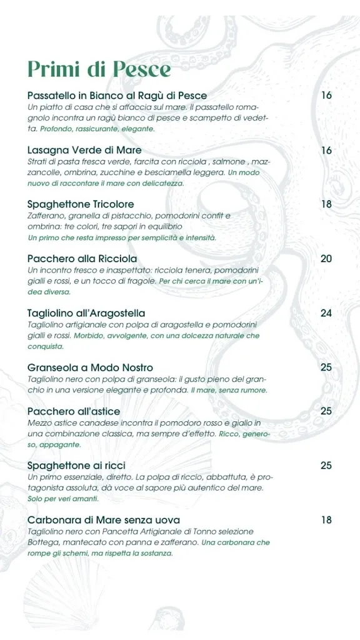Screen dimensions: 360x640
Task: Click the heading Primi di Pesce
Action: coord(99,69)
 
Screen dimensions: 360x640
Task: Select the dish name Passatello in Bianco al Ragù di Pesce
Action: coord(117,96)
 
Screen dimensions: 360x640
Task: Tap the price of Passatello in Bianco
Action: coord(326,96)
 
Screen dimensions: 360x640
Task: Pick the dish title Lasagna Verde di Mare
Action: coord(84,150)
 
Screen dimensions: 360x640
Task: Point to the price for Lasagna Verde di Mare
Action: coord(326,150)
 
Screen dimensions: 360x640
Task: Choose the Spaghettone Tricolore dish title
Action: coord(81,204)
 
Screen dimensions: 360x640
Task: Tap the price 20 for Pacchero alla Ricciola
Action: coord(326,259)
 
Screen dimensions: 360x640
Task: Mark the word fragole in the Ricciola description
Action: coord(142,281)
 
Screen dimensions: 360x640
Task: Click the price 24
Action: coord(326,313)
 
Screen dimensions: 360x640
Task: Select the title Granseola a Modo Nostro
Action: coord(90,367)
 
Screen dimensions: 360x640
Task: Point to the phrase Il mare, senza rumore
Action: coord(229,390)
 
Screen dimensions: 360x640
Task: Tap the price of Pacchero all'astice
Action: coord(326,411)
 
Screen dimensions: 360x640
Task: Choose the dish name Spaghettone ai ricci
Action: coord(76,466)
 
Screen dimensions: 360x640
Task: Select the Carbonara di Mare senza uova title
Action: coord(104,520)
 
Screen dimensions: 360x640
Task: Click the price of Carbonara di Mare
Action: coord(326,520)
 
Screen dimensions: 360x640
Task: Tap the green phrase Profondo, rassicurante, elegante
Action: coord(97,129)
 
